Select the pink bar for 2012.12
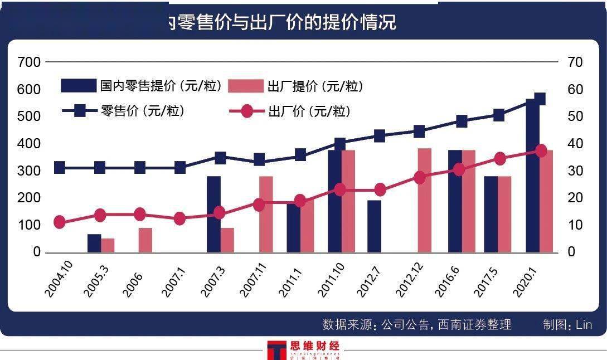tap(425, 200)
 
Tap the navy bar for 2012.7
tap(375, 226)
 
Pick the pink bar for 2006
tap(145, 240)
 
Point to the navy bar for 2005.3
tap(94, 243)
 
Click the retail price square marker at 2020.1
tap(539, 99)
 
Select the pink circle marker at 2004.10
tap(60, 222)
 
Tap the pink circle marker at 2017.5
tap(500, 159)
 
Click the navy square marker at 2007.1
tap(180, 167)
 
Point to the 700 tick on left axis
tap(29, 62)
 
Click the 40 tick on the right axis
tap(575, 144)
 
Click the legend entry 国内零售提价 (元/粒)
tap(142, 86)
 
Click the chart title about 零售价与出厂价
tap(281, 22)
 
